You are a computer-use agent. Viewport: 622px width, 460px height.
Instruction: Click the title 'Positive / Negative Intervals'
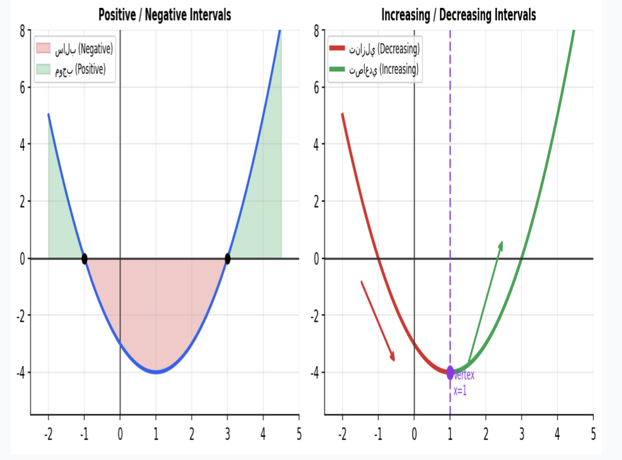(164, 15)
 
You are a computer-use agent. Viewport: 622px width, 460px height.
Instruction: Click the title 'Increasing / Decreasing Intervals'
(458, 15)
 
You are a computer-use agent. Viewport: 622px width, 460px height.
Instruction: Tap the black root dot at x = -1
(84, 259)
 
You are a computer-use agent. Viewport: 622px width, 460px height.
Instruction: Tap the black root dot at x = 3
(227, 259)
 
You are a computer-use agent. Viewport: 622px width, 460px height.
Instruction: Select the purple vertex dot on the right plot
(450, 372)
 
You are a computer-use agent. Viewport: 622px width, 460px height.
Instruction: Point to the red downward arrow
(377, 321)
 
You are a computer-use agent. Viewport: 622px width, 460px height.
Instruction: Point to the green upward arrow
(485, 299)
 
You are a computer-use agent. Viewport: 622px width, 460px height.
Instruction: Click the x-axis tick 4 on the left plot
(263, 434)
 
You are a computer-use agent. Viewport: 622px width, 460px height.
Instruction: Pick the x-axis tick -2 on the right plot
(341, 434)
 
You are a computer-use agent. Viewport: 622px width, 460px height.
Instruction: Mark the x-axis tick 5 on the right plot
(593, 434)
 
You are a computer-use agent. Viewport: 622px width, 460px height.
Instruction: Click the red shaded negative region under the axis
(156, 315)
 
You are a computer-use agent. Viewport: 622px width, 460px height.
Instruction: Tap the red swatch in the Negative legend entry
(44, 49)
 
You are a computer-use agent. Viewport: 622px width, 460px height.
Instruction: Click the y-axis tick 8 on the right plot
(317, 30)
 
